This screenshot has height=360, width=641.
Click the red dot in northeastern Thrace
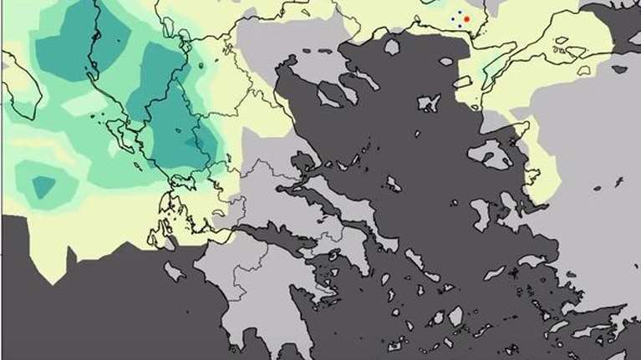(x=467, y=18)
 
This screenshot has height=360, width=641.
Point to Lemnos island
(x=429, y=103)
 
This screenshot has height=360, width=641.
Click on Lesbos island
(x=490, y=155)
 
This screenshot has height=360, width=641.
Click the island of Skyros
(x=394, y=184)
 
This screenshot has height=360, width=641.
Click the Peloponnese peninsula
(x=251, y=276)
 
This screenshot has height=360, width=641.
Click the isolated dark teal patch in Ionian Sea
(x=42, y=185)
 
